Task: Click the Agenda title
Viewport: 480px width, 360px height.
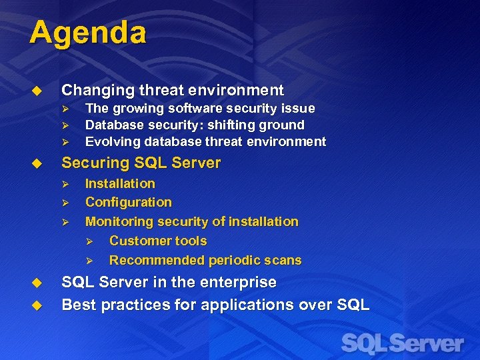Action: [x=87, y=33]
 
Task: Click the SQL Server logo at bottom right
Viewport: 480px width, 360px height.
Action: [x=402, y=344]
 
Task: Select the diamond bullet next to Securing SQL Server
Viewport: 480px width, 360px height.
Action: [x=37, y=163]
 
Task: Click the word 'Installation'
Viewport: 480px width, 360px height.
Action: [x=120, y=183]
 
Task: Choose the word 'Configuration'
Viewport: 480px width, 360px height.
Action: [x=128, y=202]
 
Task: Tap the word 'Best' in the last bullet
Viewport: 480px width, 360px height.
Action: [x=77, y=305]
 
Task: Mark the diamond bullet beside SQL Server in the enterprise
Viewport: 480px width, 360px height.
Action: [x=37, y=283]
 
